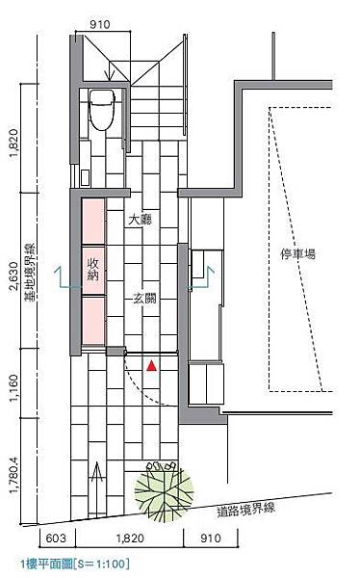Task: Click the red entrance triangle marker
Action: (x=151, y=366)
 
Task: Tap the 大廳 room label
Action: (x=140, y=221)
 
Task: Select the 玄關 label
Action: (x=144, y=298)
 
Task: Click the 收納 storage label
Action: (x=92, y=270)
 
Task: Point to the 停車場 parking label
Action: (x=298, y=254)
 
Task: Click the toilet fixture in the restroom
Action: (x=102, y=110)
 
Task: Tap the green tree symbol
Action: (x=164, y=491)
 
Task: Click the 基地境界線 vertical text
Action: (x=30, y=273)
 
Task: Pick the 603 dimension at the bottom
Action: (x=56, y=539)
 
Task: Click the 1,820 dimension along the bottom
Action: (x=130, y=539)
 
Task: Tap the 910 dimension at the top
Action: (x=100, y=25)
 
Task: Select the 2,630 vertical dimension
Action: (x=13, y=276)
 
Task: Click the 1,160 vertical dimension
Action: (x=13, y=387)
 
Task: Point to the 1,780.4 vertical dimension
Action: (x=13, y=475)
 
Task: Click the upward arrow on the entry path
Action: (x=97, y=488)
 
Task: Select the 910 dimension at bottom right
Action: (x=211, y=539)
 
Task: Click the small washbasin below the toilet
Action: (x=85, y=177)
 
